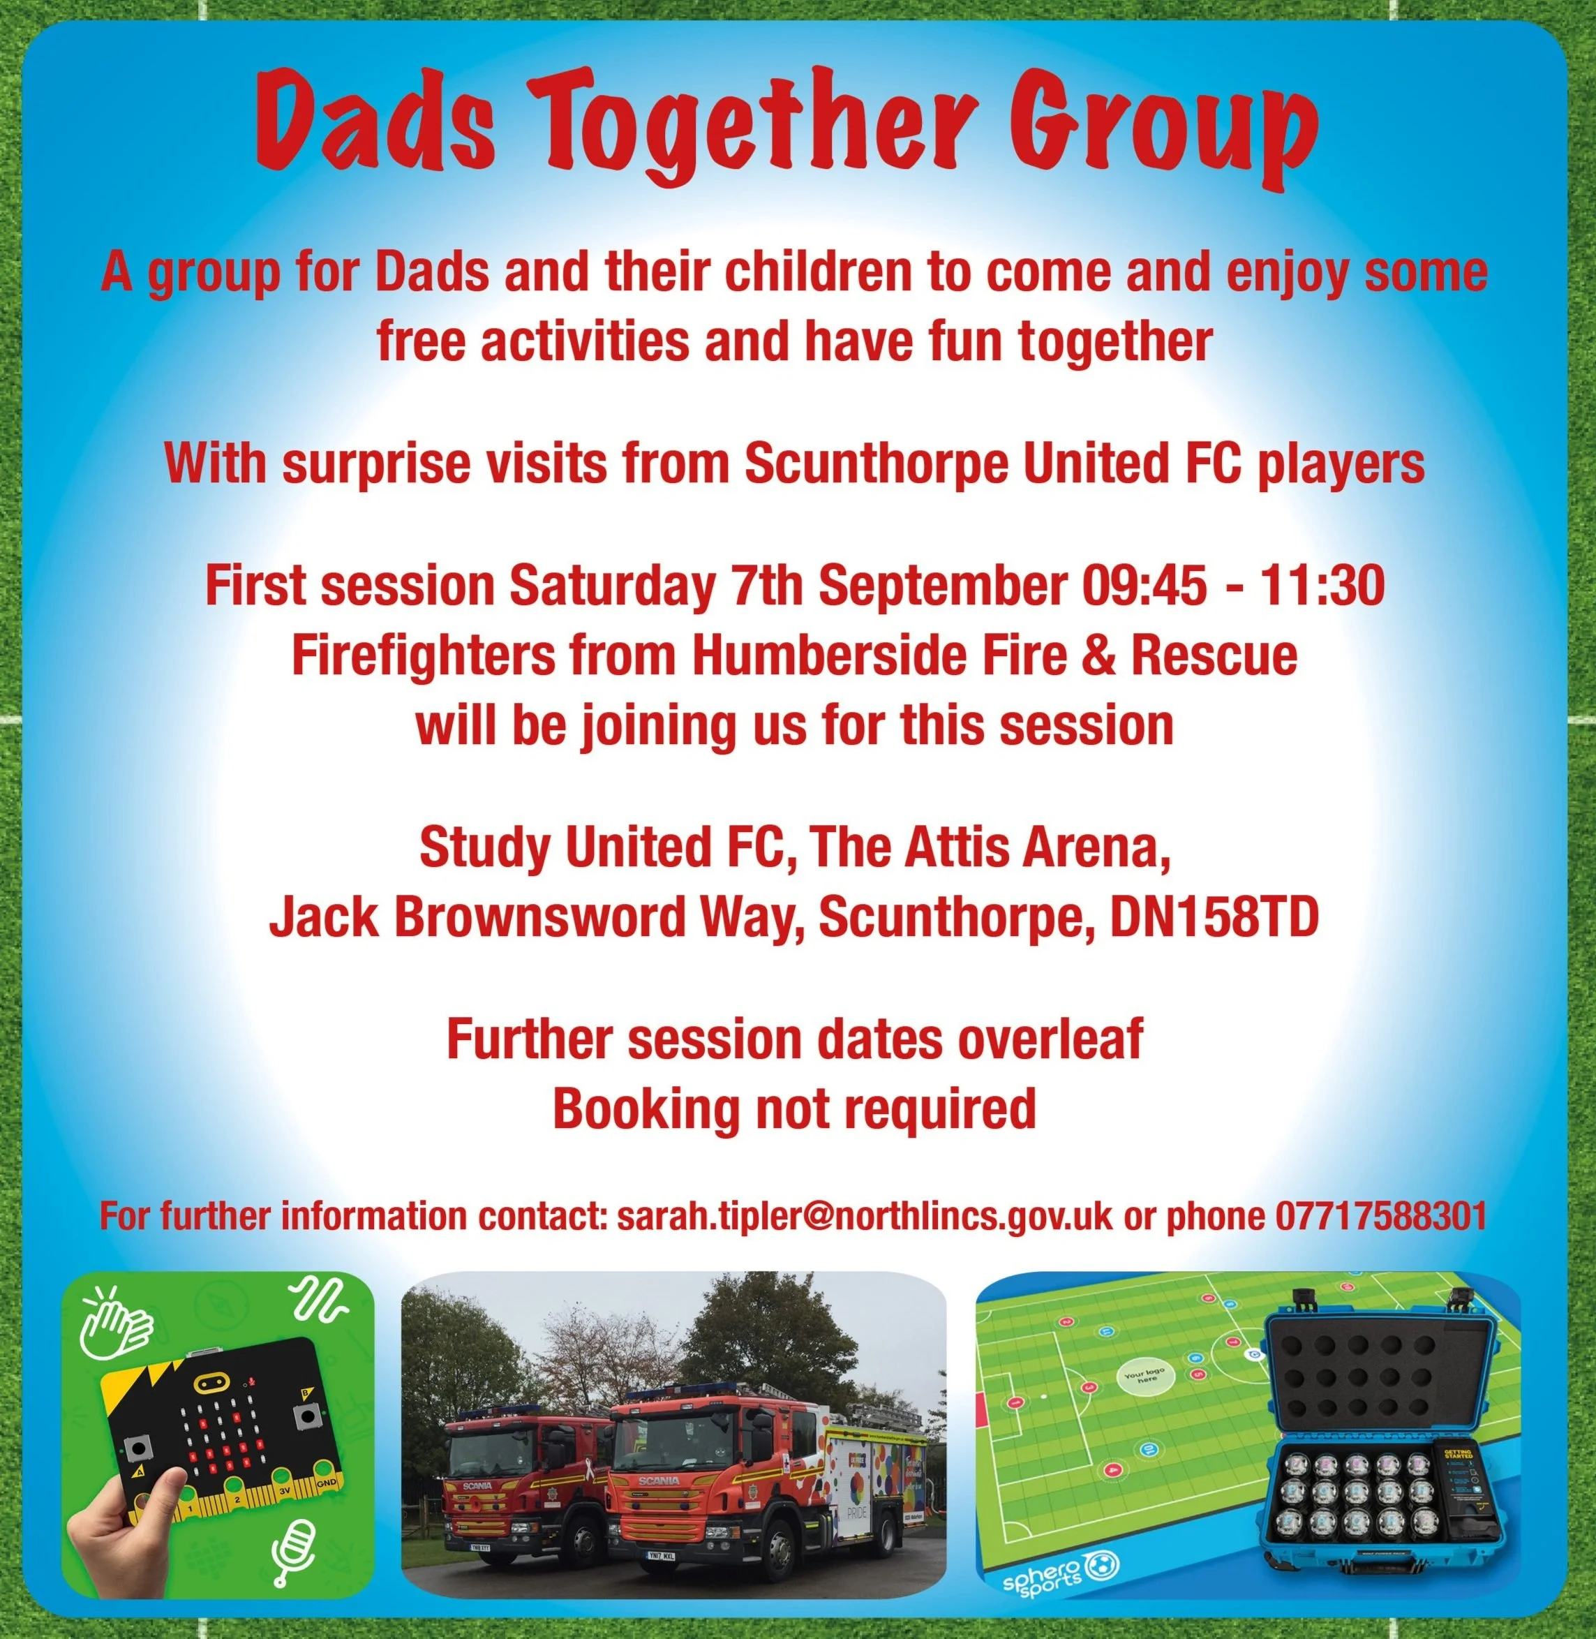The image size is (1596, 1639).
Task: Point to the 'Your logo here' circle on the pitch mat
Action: pyautogui.click(x=1143, y=1377)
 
